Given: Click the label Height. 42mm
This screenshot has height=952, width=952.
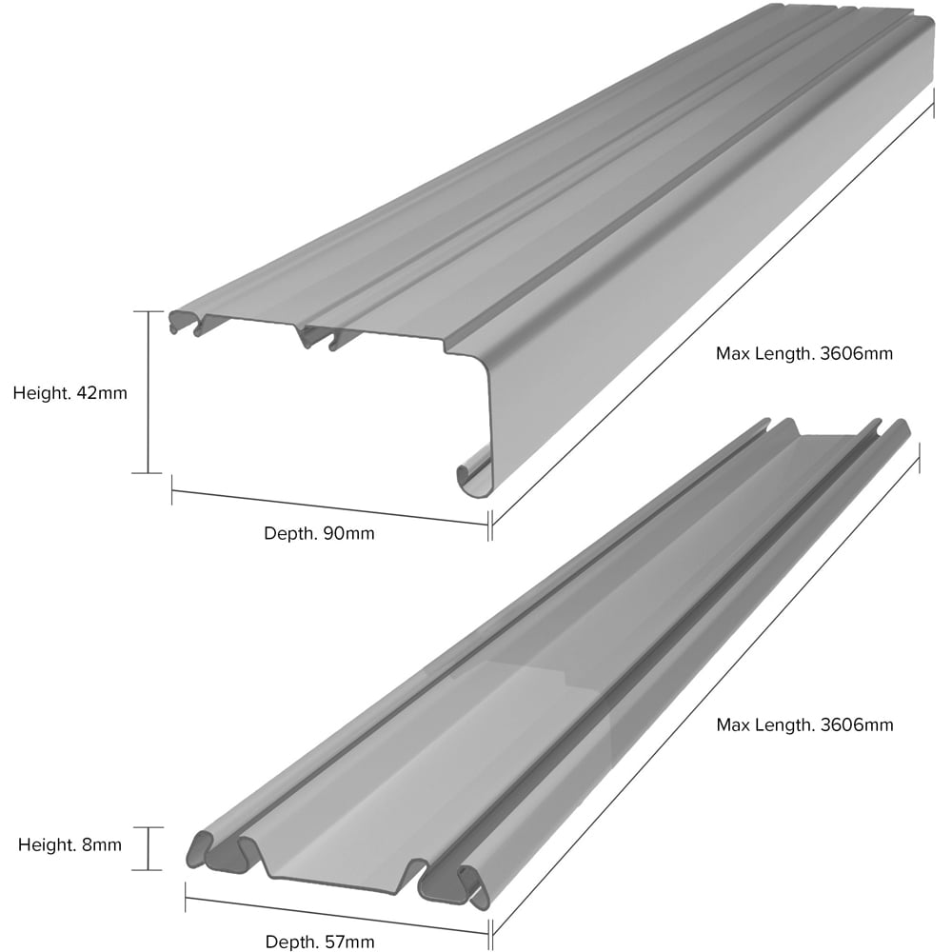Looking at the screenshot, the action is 69,393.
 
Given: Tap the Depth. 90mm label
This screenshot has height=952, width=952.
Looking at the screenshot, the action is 319,534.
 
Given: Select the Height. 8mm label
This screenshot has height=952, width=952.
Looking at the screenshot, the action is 69,844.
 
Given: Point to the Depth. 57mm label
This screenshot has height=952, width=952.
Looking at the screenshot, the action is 319,942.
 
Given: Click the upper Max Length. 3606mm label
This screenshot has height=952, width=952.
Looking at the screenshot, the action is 804,353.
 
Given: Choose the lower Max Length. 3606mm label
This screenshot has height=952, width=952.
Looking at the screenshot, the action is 804,724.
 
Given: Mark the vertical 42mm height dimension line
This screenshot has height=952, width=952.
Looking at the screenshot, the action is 149,392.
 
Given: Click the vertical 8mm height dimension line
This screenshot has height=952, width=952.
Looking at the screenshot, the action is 148,848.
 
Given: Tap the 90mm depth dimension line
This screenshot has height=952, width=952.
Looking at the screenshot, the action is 329,506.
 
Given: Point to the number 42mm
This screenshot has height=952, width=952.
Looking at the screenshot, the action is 102,393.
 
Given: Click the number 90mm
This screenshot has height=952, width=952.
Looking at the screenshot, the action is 348,534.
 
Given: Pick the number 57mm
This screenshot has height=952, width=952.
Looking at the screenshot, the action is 349,942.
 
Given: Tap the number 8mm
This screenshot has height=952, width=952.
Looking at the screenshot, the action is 102,844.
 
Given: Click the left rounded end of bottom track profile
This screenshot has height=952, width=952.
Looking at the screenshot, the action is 200,849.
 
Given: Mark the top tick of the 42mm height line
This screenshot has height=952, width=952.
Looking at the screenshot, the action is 149,311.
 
